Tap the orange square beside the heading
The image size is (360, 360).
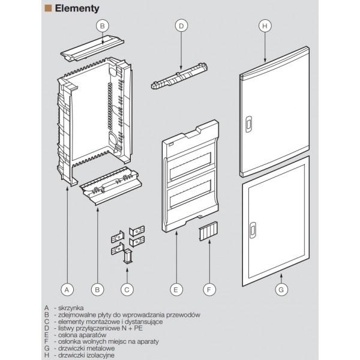49,9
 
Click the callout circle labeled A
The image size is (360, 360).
67,289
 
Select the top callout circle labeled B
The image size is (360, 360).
103,25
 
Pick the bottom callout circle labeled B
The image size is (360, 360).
97,289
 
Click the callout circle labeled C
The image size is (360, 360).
127,289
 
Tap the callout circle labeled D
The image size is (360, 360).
181,25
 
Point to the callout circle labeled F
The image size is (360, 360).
208,289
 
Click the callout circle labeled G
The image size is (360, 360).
280,289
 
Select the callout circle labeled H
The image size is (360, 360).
265,25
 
